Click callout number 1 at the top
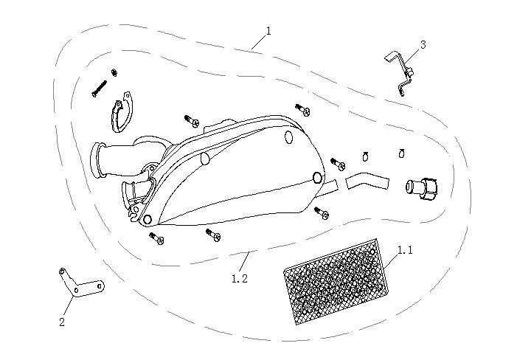[x=268, y=31]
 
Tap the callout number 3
[x=423, y=45]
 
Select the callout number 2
[x=62, y=322]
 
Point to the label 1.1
[x=405, y=250]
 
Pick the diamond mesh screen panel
[x=336, y=283]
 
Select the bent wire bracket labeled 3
[x=401, y=72]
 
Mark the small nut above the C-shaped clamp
[x=114, y=72]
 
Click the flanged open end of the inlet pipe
[x=95, y=161]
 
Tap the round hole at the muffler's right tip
[x=318, y=178]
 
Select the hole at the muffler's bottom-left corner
[x=147, y=220]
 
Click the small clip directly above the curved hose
[x=365, y=155]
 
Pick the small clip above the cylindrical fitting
[x=402, y=153]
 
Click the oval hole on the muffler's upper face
[x=287, y=135]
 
